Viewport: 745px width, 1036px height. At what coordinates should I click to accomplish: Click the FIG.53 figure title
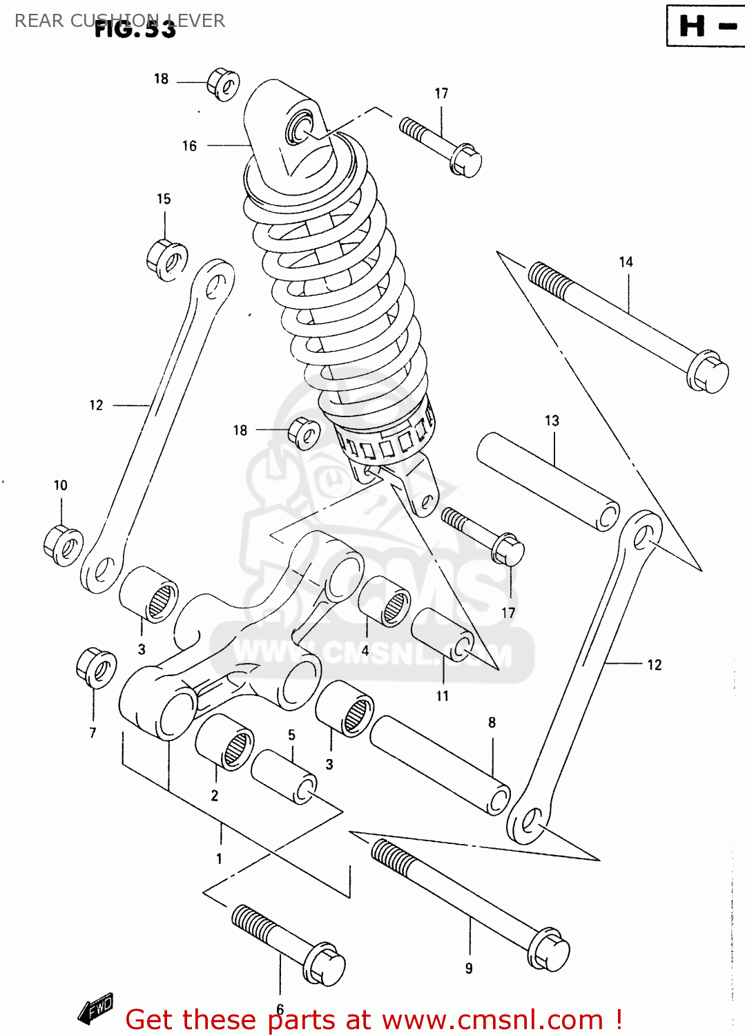click(x=135, y=28)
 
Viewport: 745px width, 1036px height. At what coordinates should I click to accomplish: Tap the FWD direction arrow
click(x=95, y=1009)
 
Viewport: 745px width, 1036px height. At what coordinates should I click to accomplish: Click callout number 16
click(x=189, y=146)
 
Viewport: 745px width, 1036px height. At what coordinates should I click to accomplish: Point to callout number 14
click(x=626, y=262)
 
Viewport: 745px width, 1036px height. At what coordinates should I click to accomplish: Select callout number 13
click(x=552, y=421)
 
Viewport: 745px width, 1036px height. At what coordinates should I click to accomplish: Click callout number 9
click(x=469, y=968)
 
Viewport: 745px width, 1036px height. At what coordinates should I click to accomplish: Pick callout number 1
click(x=219, y=858)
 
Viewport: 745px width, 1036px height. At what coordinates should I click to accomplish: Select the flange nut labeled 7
click(x=96, y=668)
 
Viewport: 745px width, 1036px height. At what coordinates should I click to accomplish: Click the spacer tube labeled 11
click(x=443, y=635)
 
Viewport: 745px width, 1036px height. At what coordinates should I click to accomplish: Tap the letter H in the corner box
click(x=692, y=26)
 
